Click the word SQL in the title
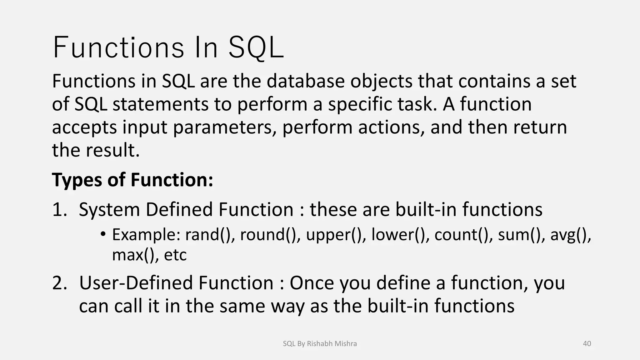click(x=256, y=48)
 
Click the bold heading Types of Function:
click(x=132, y=180)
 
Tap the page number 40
click(x=587, y=343)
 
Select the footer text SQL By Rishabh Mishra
click(x=320, y=343)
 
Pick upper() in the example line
click(x=336, y=235)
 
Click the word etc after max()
click(x=175, y=255)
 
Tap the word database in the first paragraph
click(x=305, y=81)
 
